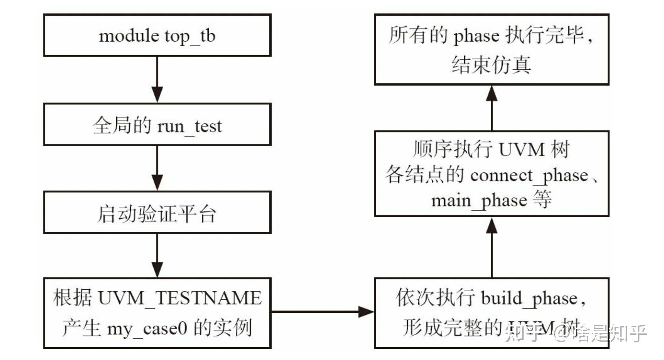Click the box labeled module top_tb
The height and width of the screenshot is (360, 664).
click(x=157, y=36)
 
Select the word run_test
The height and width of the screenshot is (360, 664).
click(x=189, y=127)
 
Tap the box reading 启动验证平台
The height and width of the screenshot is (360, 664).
click(x=157, y=214)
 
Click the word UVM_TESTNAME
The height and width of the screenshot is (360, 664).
click(x=179, y=299)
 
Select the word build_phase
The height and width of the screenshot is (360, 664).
click(x=529, y=299)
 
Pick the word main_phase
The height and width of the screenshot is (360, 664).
click(x=479, y=200)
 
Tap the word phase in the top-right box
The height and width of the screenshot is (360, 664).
click(x=476, y=36)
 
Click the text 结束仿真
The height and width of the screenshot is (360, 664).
click(x=491, y=65)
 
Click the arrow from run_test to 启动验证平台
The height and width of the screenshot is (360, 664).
click(x=157, y=168)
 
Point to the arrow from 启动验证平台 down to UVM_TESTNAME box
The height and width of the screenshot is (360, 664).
click(x=157, y=255)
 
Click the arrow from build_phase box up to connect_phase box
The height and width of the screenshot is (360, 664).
click(x=492, y=247)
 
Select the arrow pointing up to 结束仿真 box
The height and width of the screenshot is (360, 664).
click(x=492, y=108)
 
